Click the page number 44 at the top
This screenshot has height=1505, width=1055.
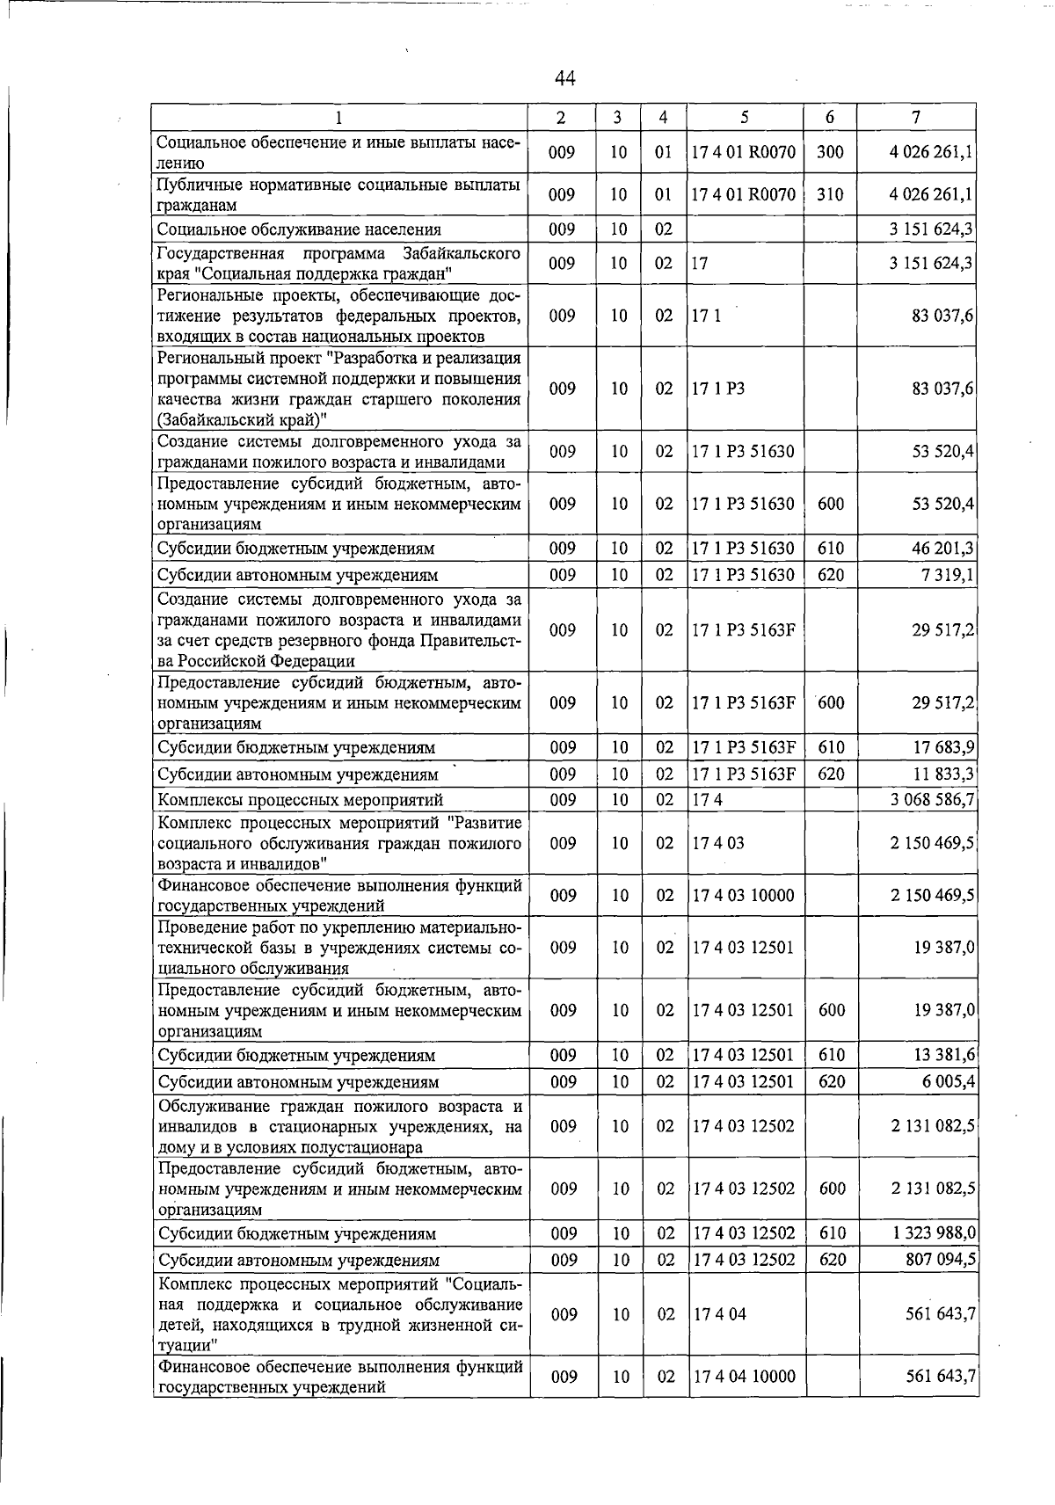564,79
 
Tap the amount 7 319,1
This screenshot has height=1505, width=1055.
944,575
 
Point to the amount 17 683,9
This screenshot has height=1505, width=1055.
942,748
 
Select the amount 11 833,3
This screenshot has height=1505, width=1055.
942,774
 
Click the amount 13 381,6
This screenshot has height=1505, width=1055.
942,1056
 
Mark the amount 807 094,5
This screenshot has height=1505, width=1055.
938,1261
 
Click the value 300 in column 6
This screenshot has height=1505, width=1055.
830,152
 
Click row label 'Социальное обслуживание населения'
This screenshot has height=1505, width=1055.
299,230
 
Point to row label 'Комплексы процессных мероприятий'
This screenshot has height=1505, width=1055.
300,800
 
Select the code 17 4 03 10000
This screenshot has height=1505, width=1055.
743,896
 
